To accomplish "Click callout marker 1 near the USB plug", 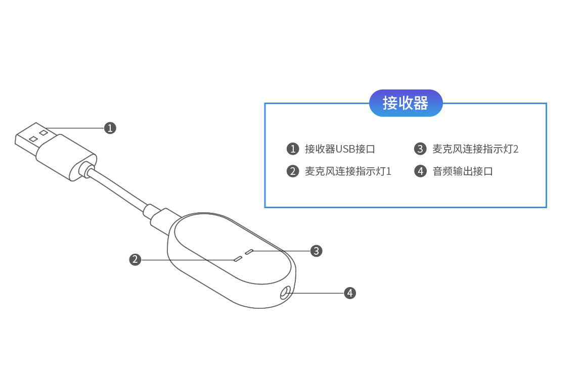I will [x=110, y=128].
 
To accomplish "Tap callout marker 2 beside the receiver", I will [x=135, y=260].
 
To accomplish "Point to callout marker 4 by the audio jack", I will [x=350, y=293].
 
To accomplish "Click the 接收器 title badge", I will [x=406, y=103].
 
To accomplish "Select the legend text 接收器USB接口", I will [x=340, y=149].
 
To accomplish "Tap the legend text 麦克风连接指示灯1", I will [x=348, y=171].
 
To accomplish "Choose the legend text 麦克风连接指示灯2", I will [x=475, y=149].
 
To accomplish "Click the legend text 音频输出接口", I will [x=463, y=171].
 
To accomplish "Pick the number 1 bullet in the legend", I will [x=293, y=149].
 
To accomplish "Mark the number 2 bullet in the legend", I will [x=293, y=171].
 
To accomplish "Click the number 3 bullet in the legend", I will [x=420, y=149].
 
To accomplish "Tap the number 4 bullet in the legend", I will [x=420, y=171].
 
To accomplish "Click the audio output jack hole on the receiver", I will [x=285, y=292].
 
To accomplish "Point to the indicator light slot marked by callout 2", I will [x=238, y=259].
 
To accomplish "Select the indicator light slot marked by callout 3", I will [x=249, y=251].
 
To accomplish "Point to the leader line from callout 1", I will [x=76, y=128].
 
